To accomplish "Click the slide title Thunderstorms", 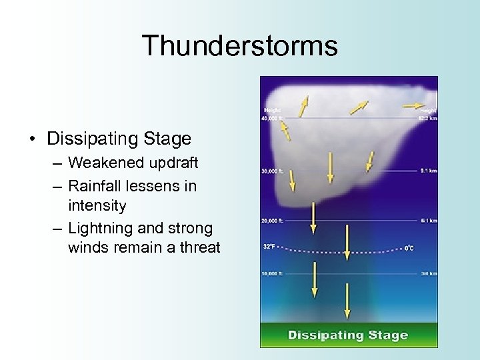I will (239, 46).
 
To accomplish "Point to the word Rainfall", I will (97, 186).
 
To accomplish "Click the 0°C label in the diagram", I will (409, 248).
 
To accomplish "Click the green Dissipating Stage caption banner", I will (348, 335).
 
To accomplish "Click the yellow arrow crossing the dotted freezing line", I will (347, 242).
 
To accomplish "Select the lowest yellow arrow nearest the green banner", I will (347, 301).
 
